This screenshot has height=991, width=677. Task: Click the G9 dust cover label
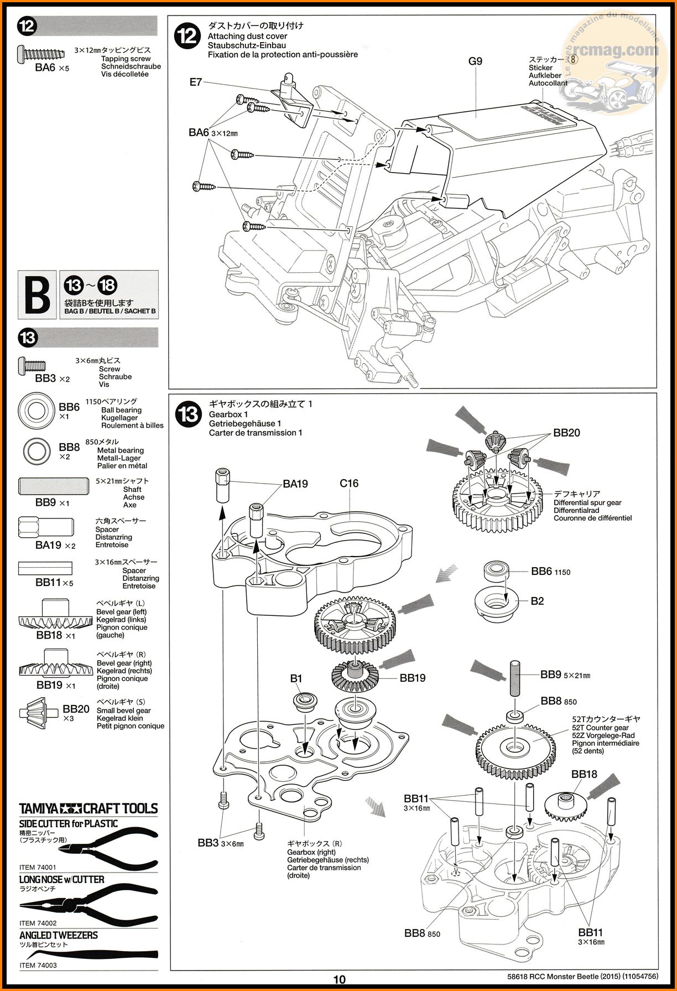pos(475,61)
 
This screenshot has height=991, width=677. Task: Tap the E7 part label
pos(195,82)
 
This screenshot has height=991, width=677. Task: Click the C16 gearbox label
pos(349,484)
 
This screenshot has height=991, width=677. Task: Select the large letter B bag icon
pos(38,294)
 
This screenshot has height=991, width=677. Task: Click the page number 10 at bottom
pos(339,979)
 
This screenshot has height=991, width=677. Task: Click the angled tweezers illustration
pos(88,954)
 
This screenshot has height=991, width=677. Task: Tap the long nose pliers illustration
pos(88,906)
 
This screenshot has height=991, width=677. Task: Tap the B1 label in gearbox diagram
pos(296,678)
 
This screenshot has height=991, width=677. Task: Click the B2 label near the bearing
pos(537,601)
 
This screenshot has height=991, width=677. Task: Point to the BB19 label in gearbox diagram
pos(413,678)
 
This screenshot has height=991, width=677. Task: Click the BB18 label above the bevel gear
pos(584,774)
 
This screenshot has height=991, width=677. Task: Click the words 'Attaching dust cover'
pos(247,36)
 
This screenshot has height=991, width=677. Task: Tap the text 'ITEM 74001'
pos(38,868)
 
